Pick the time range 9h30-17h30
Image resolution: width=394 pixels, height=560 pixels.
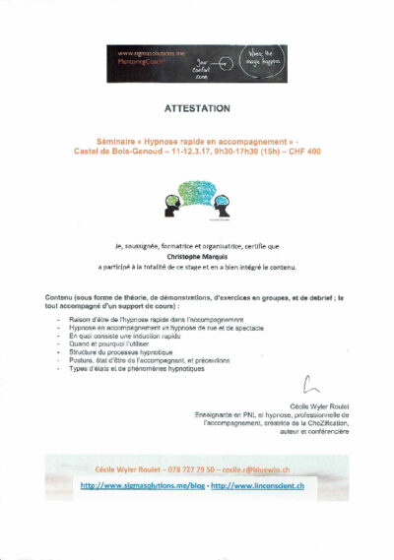pyautogui.click(x=234, y=150)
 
